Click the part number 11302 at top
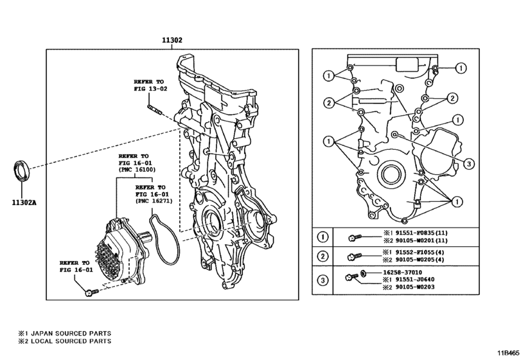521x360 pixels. pyautogui.click(x=172, y=40)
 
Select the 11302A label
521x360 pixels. pyautogui.click(x=24, y=201)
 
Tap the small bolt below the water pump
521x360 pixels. pyautogui.click(x=90, y=293)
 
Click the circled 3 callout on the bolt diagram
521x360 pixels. pyautogui.click(x=470, y=163)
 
